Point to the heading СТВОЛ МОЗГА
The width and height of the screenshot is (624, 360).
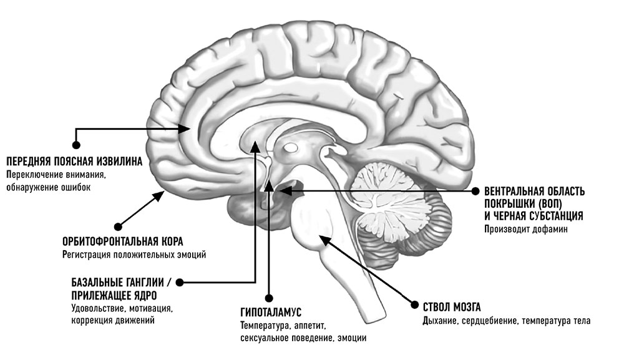coord(451,306)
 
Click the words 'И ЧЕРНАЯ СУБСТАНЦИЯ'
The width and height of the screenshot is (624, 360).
coord(534,215)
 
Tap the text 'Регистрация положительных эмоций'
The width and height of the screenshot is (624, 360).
coord(134,255)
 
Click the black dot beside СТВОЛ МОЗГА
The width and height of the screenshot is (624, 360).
coord(412,305)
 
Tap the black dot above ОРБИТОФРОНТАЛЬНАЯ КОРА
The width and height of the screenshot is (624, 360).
coord(119,226)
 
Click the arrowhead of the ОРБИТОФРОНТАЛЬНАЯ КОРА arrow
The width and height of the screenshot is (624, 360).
coord(162,194)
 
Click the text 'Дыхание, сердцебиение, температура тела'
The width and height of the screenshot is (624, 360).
coord(506,321)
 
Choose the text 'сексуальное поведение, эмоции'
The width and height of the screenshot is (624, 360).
coord(303,338)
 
